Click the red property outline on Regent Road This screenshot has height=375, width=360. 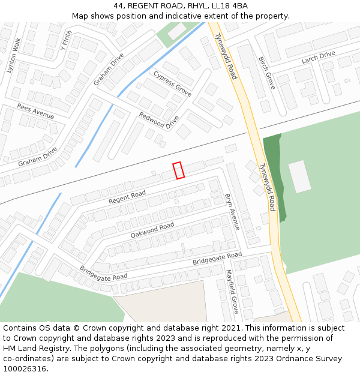point(178,170)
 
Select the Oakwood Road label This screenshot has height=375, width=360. point(152,230)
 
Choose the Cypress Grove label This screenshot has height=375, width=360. point(172,84)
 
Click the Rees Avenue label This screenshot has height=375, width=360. point(35,110)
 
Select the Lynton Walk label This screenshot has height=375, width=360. point(14,55)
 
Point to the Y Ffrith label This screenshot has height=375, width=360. point(66,41)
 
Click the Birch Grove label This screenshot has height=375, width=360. point(266,73)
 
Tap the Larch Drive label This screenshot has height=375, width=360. point(319,58)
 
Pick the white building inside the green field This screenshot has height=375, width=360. point(300,176)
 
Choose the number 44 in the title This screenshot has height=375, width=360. point(118,6)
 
